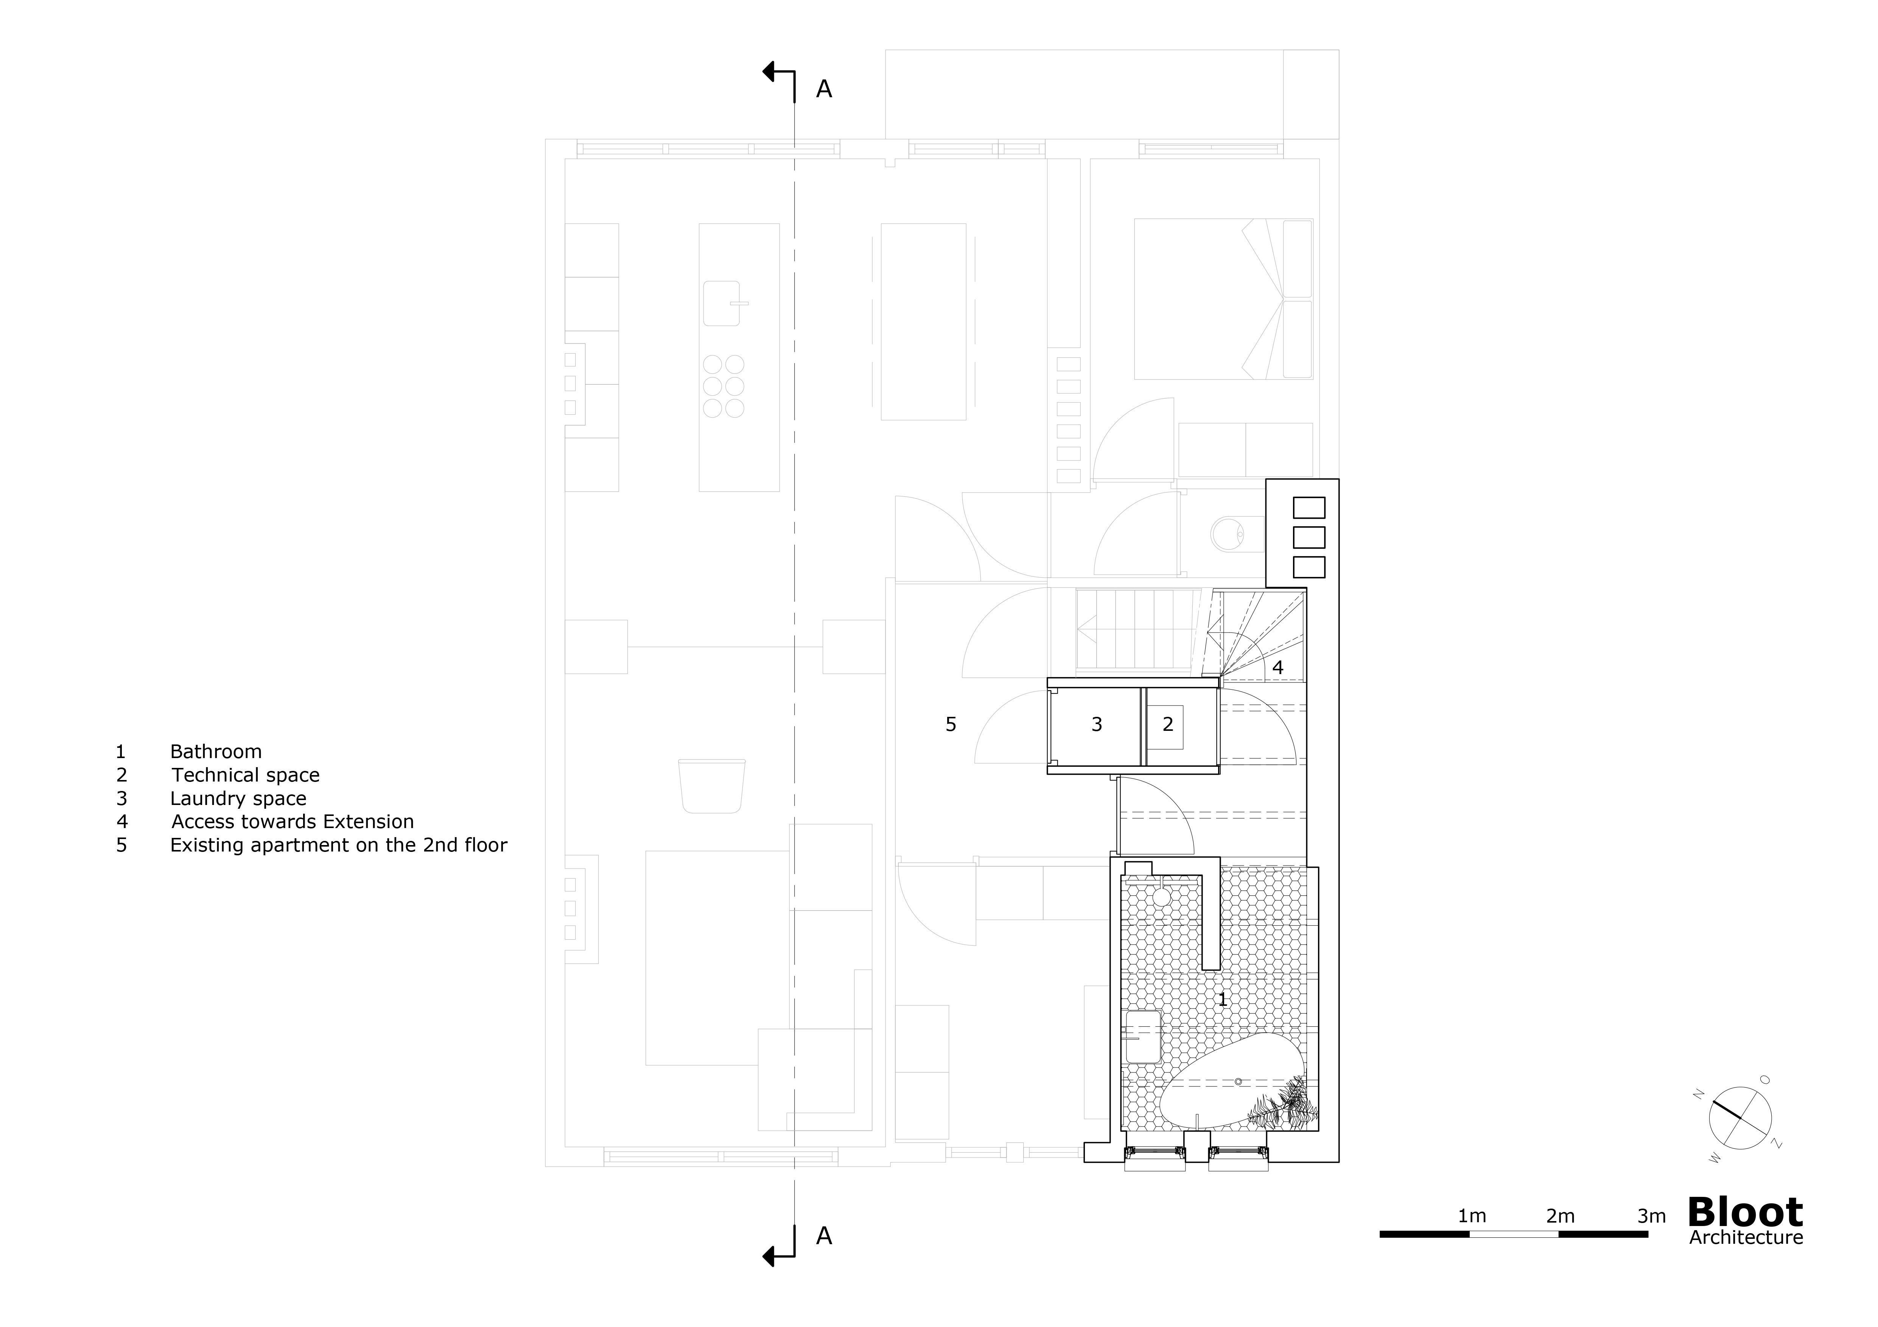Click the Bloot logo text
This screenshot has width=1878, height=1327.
[1745, 1212]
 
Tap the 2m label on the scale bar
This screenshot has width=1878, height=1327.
[1560, 1216]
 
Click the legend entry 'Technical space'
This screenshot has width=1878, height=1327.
[245, 775]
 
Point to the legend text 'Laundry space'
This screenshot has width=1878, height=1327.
[238, 799]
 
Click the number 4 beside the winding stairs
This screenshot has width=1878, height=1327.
[1277, 667]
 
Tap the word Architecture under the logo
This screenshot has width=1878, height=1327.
[1746, 1238]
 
